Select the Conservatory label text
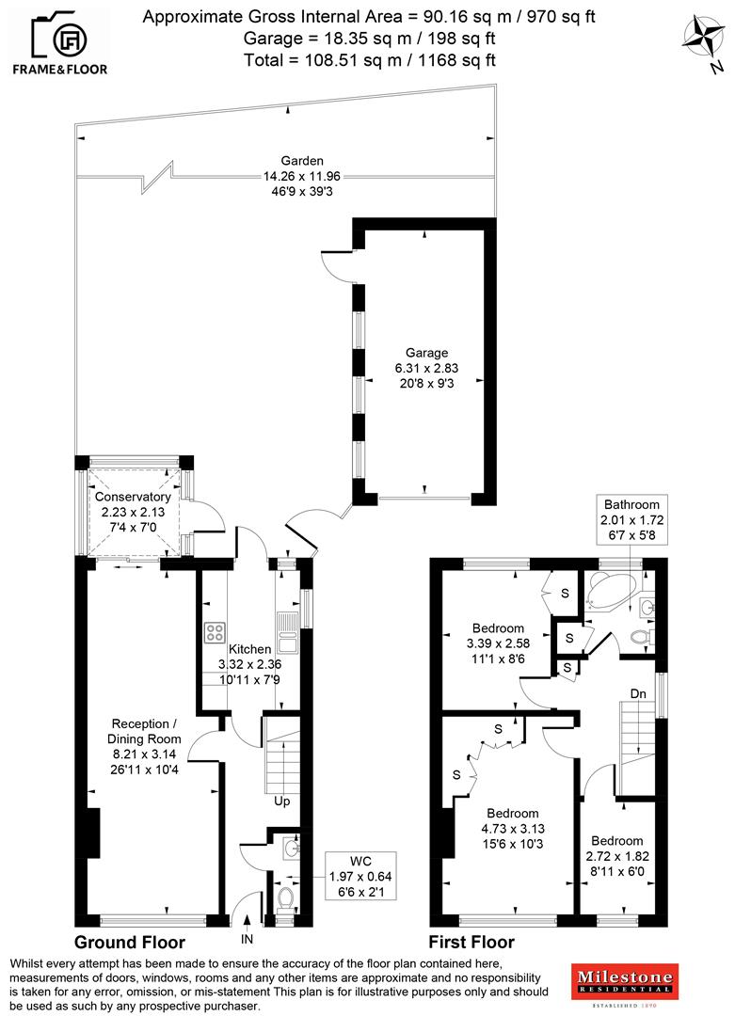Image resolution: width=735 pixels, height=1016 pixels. click(133, 497)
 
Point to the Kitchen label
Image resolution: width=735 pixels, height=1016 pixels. click(250, 649)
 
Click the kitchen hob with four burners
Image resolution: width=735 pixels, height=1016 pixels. click(215, 632)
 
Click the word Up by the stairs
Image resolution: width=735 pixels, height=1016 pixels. click(280, 802)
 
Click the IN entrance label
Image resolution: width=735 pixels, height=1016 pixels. click(248, 939)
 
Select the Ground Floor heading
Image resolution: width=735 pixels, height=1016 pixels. click(129, 942)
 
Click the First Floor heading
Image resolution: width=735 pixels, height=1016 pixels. click(471, 942)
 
